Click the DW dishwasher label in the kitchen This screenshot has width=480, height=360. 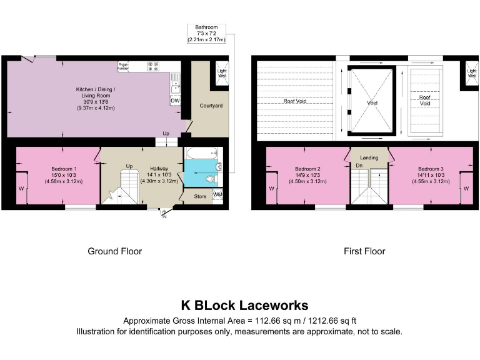(x=175, y=100)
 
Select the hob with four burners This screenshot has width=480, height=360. (x=154, y=65)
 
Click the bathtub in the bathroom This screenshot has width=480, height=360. (x=201, y=153)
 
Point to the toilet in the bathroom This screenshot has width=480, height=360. (x=212, y=179)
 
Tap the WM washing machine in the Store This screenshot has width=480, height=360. (x=217, y=196)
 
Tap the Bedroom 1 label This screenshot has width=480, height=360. (x=63, y=169)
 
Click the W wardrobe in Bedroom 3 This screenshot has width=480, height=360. (x=466, y=187)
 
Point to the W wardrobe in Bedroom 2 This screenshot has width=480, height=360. (x=271, y=188)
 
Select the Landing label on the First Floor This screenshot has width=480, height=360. (x=369, y=157)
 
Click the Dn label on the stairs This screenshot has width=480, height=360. (x=359, y=166)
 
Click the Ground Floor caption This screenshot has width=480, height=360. (x=114, y=251)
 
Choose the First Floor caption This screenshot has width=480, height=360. (x=364, y=251)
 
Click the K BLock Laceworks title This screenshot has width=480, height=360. (x=244, y=306)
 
